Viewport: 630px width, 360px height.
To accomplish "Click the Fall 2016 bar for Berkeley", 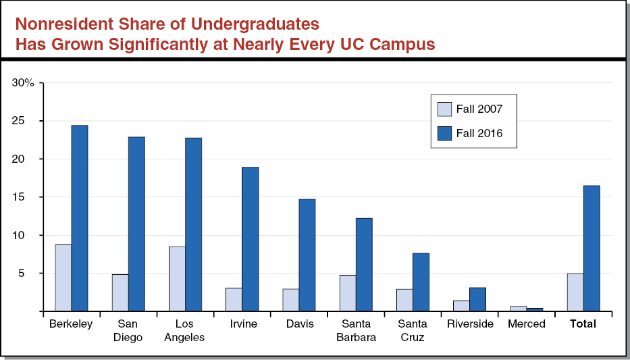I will (80, 218).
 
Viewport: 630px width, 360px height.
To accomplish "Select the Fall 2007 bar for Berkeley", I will (63, 278).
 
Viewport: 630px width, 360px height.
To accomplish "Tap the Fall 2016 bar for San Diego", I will (136, 224).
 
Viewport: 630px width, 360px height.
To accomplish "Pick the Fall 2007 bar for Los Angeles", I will (177, 279).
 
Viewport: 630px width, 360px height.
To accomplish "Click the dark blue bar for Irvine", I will (251, 239).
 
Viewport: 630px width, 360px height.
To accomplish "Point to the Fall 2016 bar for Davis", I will (307, 255).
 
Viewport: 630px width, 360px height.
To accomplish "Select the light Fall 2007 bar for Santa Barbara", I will (347, 293).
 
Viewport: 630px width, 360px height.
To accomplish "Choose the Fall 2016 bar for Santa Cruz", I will (421, 282).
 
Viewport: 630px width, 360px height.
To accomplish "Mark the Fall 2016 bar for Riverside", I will (477, 299).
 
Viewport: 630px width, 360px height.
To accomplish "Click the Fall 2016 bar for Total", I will (592, 249).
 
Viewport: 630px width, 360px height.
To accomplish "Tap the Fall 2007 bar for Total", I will (575, 292).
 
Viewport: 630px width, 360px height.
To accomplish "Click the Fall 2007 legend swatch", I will (444, 109).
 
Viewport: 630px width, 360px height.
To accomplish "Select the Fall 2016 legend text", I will (479, 134).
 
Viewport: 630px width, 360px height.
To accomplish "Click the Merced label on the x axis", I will (526, 324).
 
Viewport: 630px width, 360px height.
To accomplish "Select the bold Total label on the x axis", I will (583, 324).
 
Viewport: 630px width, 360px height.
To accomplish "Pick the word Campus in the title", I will (406, 45).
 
